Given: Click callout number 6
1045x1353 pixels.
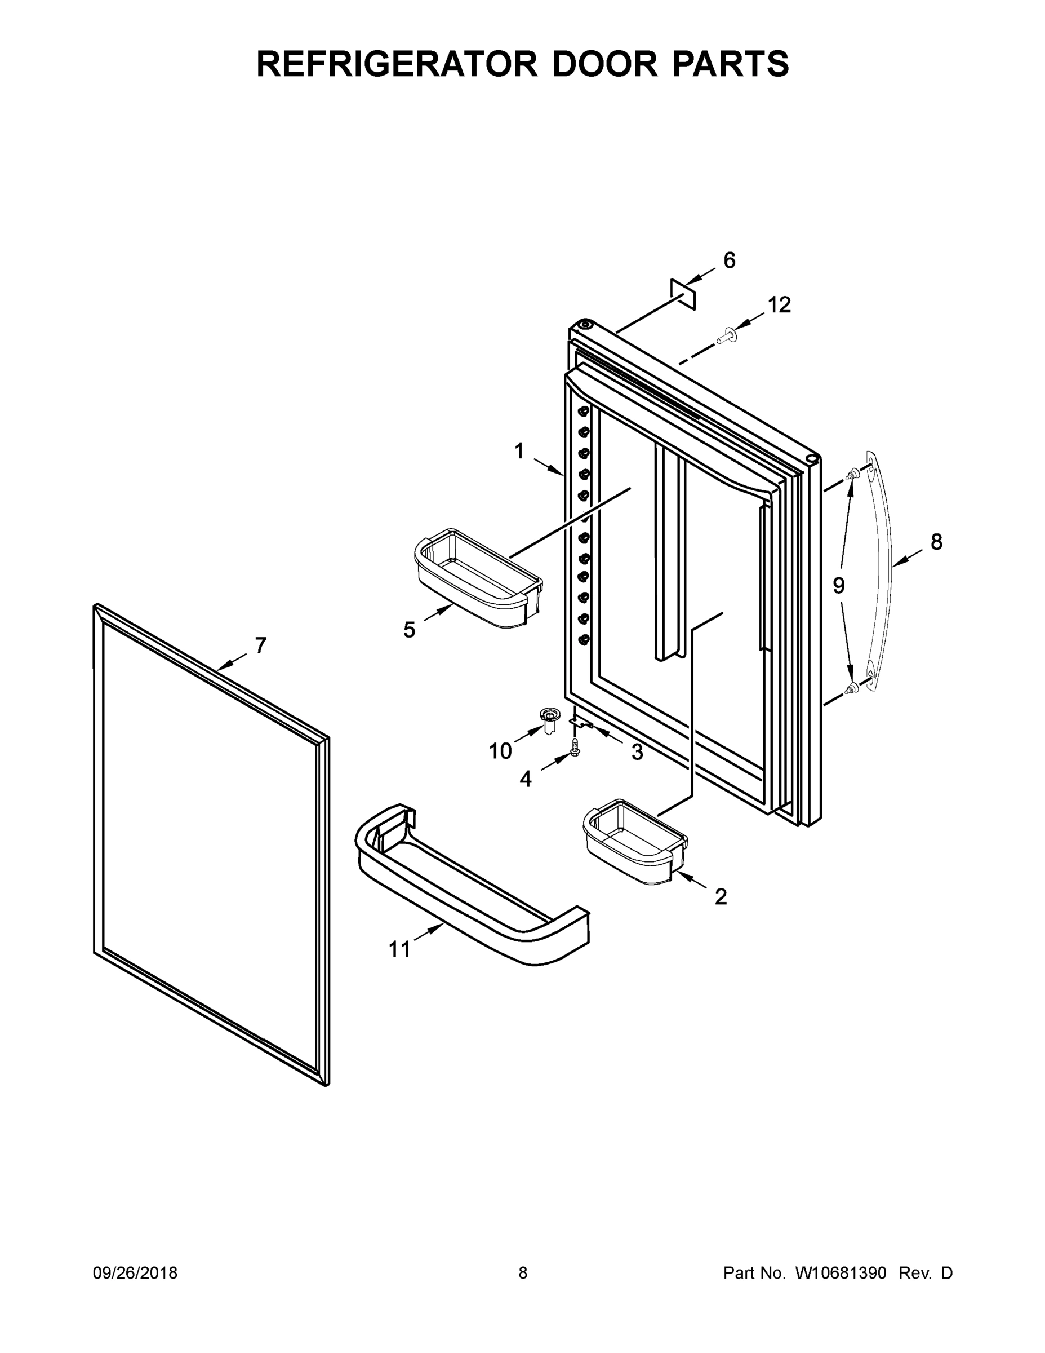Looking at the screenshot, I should pos(730,261).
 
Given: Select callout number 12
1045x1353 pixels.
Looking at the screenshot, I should pos(780,305).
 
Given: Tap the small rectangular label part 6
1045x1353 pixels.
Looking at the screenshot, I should pos(683,294).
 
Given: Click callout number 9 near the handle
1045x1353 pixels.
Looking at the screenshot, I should pos(838,585).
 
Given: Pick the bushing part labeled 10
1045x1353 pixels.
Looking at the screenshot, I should pos(548,719).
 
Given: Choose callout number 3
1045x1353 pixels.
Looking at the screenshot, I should pos(637,753).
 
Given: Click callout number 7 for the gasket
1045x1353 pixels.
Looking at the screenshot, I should pos(261,645).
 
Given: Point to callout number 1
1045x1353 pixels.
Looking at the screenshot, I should pos(519,451).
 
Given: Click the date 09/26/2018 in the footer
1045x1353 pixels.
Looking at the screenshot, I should pos(135,1273).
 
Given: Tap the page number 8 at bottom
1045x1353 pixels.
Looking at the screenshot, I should pos(523,1273).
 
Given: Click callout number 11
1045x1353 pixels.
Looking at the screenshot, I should pos(399,949).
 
